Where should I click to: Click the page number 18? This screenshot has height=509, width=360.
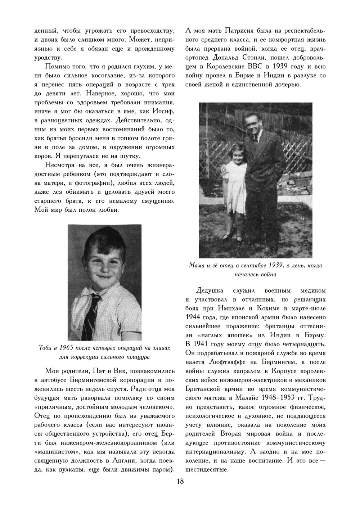click(180, 482)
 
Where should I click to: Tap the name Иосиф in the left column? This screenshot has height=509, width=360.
click(164, 111)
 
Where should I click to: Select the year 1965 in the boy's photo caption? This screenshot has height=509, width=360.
click(66, 348)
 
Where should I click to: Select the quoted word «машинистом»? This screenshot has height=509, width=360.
click(53, 451)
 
